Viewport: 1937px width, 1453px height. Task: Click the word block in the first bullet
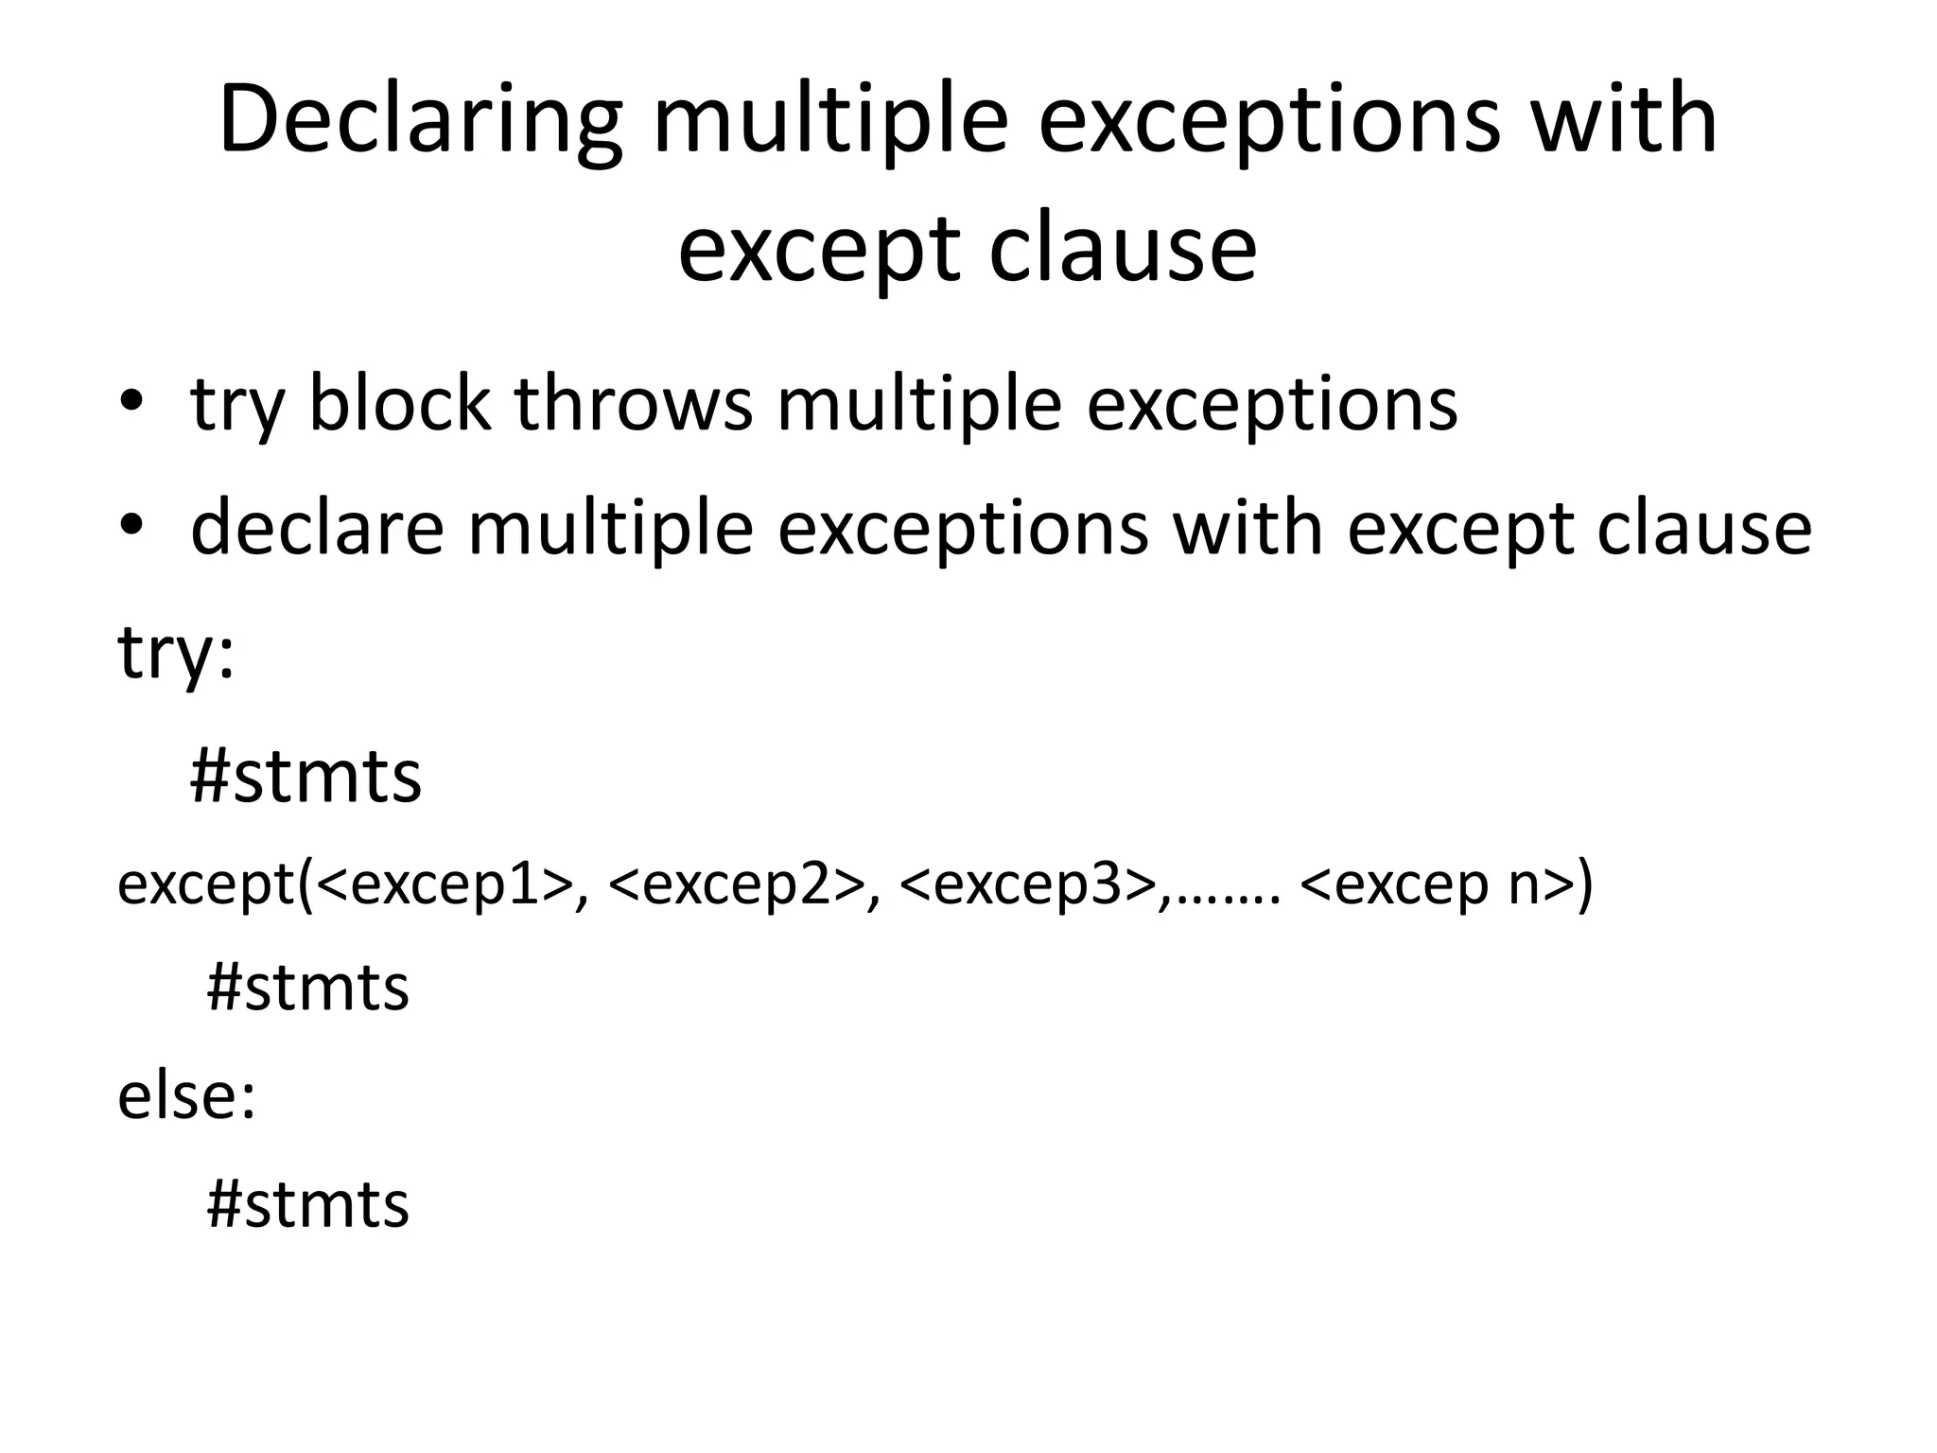click(399, 405)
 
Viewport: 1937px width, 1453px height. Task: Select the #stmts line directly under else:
click(307, 1204)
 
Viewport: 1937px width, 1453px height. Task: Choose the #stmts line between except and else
click(307, 988)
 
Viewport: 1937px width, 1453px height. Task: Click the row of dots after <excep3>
click(1230, 899)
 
